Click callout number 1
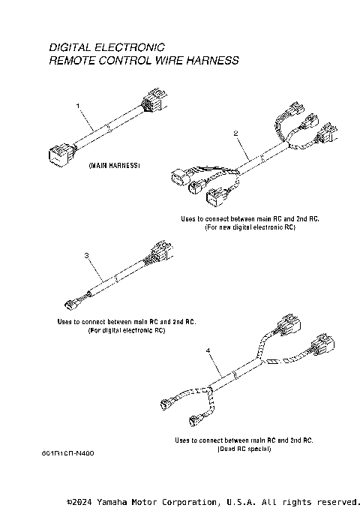coord(78,107)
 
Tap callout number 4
coord(207,350)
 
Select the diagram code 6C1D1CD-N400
coord(69,453)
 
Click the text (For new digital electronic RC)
coord(250,227)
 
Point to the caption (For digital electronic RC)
coord(126,329)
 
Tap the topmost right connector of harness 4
coord(291,325)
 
